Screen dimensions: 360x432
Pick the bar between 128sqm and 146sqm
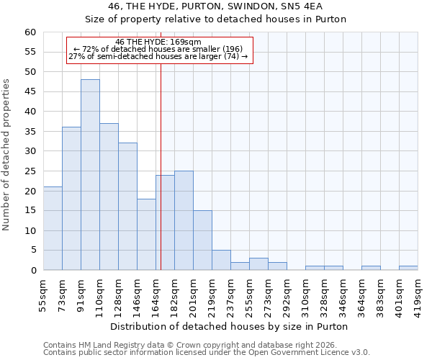tap(127, 207)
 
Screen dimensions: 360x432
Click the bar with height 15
tap(202, 240)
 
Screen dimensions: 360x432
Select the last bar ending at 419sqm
tap(408, 268)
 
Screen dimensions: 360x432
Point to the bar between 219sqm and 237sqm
tap(221, 260)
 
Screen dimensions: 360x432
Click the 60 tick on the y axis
tap(30, 32)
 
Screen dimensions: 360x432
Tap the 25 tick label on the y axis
tap(30, 171)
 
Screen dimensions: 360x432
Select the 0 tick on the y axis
tap(32, 271)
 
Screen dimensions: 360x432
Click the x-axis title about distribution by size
tap(230, 326)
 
